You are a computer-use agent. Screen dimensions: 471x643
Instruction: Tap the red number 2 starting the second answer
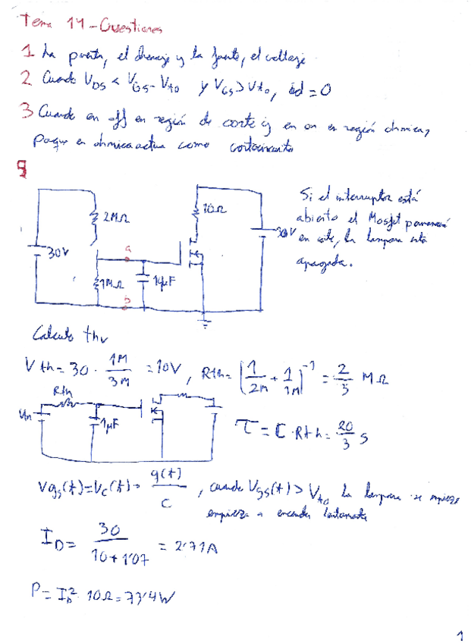[25, 77]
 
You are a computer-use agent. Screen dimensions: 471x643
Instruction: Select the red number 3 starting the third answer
[26, 112]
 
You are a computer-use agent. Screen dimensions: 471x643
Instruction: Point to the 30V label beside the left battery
[58, 255]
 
